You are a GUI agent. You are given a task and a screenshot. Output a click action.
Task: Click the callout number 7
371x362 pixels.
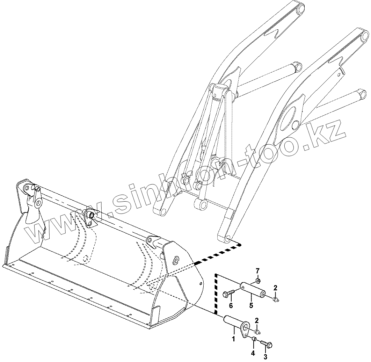(x=257, y=271)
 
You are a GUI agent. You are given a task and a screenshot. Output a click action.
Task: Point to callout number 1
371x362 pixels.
(x=234, y=339)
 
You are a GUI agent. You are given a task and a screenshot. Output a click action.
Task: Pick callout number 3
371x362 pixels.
(x=265, y=356)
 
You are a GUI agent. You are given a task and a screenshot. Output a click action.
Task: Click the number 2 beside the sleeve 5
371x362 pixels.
(x=275, y=288)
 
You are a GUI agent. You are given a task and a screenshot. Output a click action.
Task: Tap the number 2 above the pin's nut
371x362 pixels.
(x=257, y=320)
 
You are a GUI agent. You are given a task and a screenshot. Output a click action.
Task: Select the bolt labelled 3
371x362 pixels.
(x=267, y=344)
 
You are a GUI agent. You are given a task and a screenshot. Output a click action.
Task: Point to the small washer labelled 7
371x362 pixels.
(x=258, y=280)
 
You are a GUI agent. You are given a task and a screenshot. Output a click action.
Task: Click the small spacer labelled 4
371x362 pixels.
(x=254, y=339)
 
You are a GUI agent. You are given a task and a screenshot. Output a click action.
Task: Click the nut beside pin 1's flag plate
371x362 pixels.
(x=257, y=331)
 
